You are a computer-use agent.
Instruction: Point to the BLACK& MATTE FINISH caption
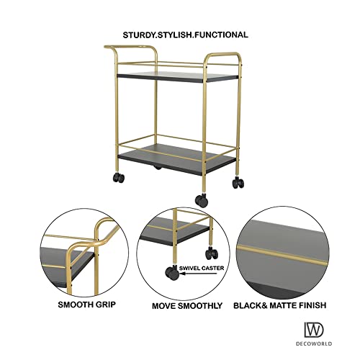coord(279,305)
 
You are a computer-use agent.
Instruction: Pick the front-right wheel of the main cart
coord(202,200)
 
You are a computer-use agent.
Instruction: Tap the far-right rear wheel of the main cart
coord(237,183)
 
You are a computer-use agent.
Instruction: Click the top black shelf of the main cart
coord(173,78)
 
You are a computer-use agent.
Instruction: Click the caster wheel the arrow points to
coord(173,273)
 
